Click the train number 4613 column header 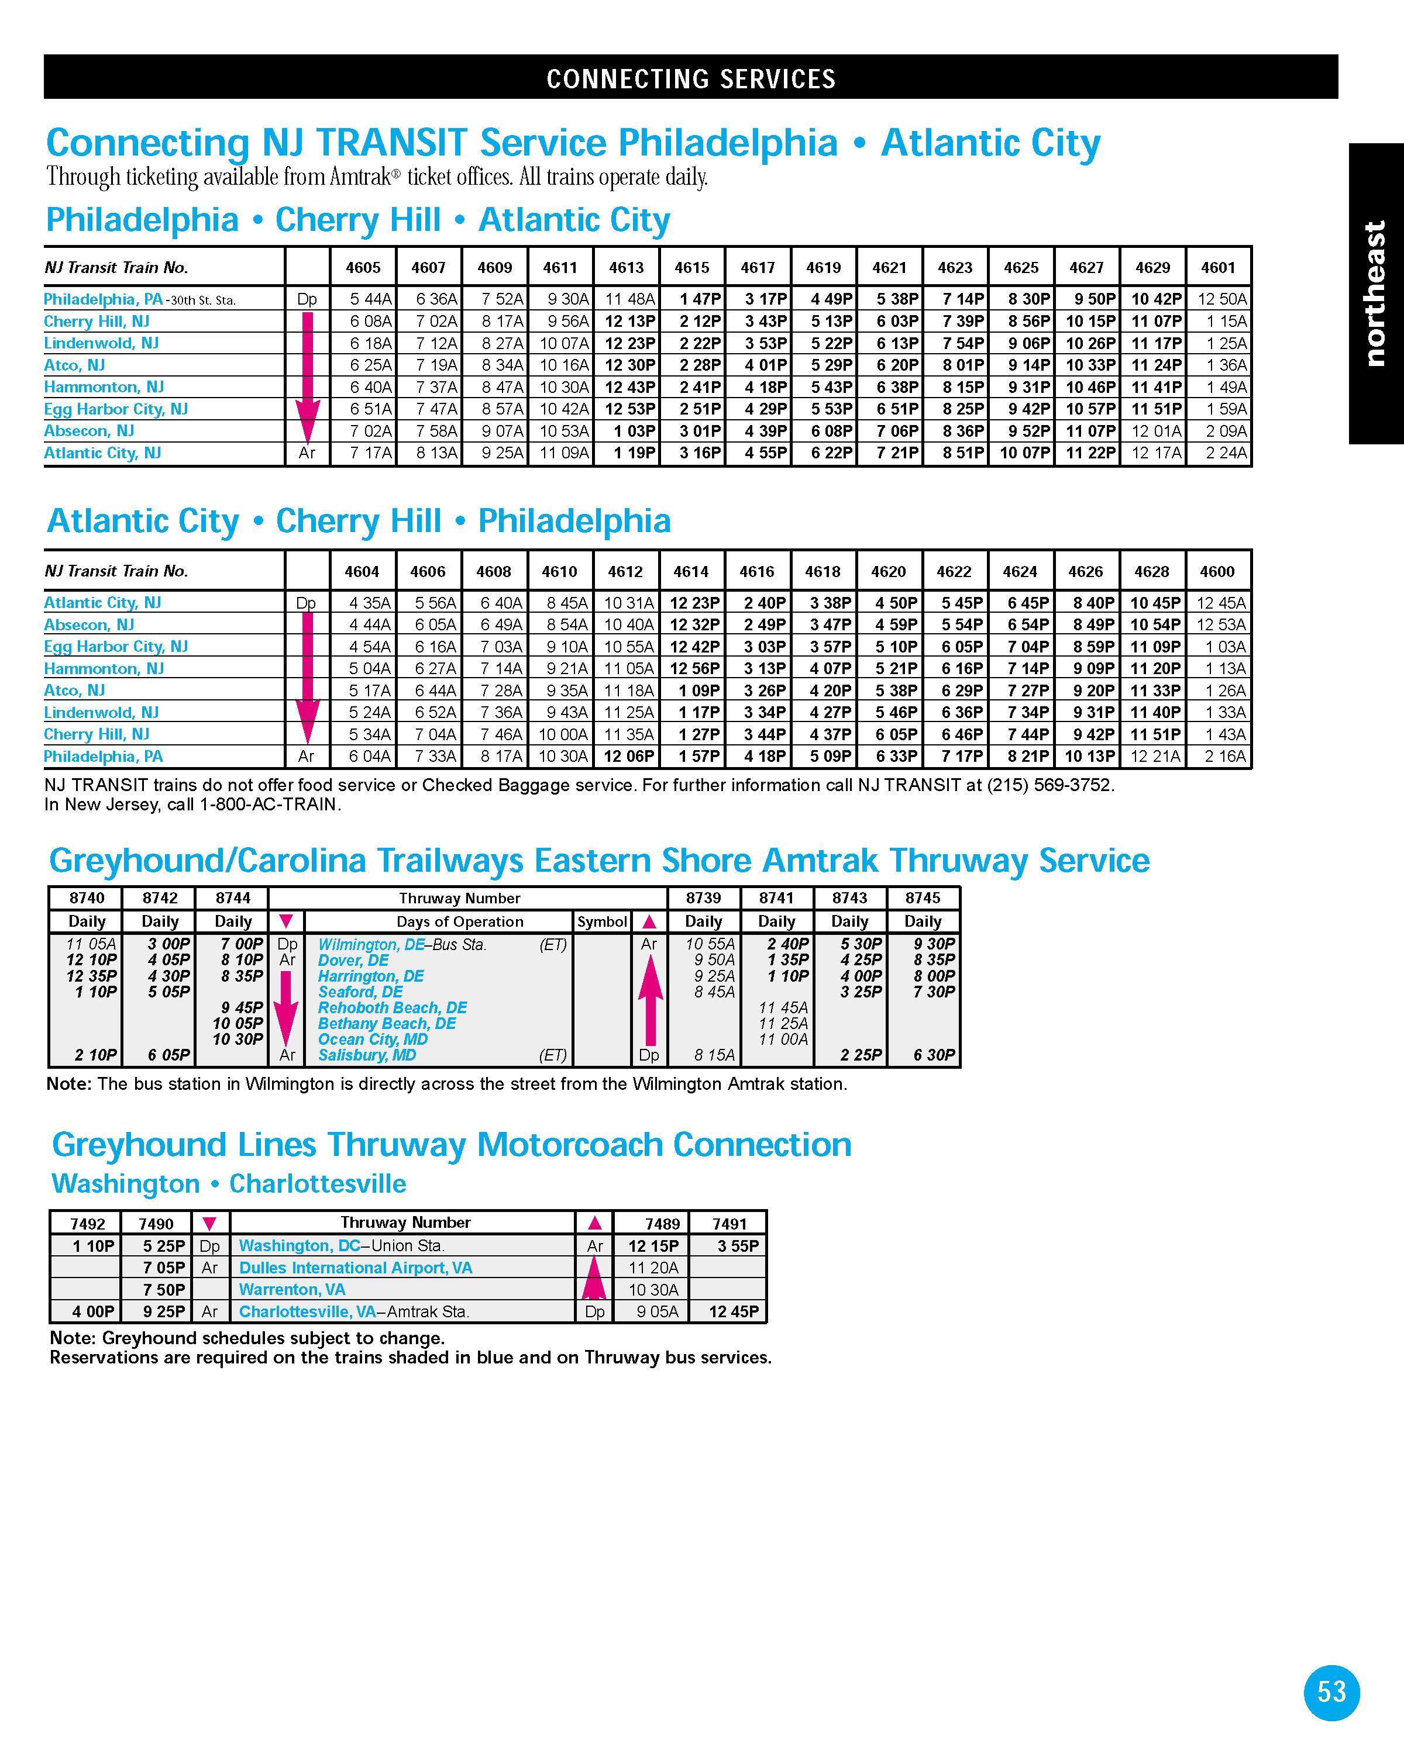626,268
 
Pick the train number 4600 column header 1217,572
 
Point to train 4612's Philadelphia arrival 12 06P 628,757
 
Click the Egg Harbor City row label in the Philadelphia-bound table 116,647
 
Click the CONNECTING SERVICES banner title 690,79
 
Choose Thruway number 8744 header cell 233,898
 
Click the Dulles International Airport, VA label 356,1268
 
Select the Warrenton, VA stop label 292,1290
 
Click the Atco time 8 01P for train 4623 963,365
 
